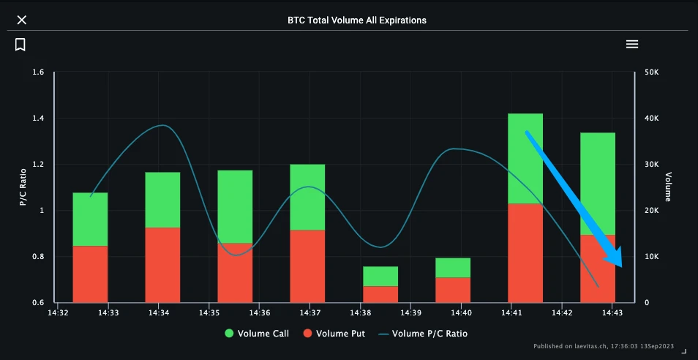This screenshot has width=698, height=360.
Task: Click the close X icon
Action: point(22,20)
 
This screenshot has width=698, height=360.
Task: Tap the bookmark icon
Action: point(20,45)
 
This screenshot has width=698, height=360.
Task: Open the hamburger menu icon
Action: point(632,44)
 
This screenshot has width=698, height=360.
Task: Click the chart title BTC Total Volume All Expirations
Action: point(357,20)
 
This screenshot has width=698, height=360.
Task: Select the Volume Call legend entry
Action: point(257,334)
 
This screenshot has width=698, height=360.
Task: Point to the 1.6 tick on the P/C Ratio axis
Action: point(38,72)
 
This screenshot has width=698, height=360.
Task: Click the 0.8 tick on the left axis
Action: point(38,257)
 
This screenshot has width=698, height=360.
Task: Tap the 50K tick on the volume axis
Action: point(651,72)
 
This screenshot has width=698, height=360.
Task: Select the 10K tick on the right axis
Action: point(651,257)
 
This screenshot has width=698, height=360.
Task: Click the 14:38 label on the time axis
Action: point(361,313)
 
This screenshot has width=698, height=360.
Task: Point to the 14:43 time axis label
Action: point(612,313)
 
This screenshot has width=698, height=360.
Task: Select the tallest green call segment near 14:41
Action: point(525,158)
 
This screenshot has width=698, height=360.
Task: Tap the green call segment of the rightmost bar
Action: point(598,184)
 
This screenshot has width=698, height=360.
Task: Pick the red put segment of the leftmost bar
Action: point(90,274)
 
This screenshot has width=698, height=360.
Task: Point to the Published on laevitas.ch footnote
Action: point(604,346)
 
